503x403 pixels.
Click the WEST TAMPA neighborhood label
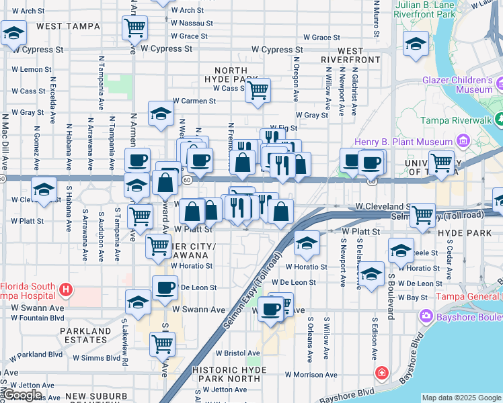point(69,26)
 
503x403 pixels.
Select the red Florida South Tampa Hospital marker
point(65,289)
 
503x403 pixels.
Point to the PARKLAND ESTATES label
point(85,337)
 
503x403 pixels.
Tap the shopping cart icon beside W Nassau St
point(135,28)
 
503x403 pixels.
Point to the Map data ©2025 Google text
point(461,398)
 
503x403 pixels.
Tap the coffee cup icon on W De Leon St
point(165,288)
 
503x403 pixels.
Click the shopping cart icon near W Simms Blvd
point(163,343)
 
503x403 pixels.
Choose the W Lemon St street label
point(32,70)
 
